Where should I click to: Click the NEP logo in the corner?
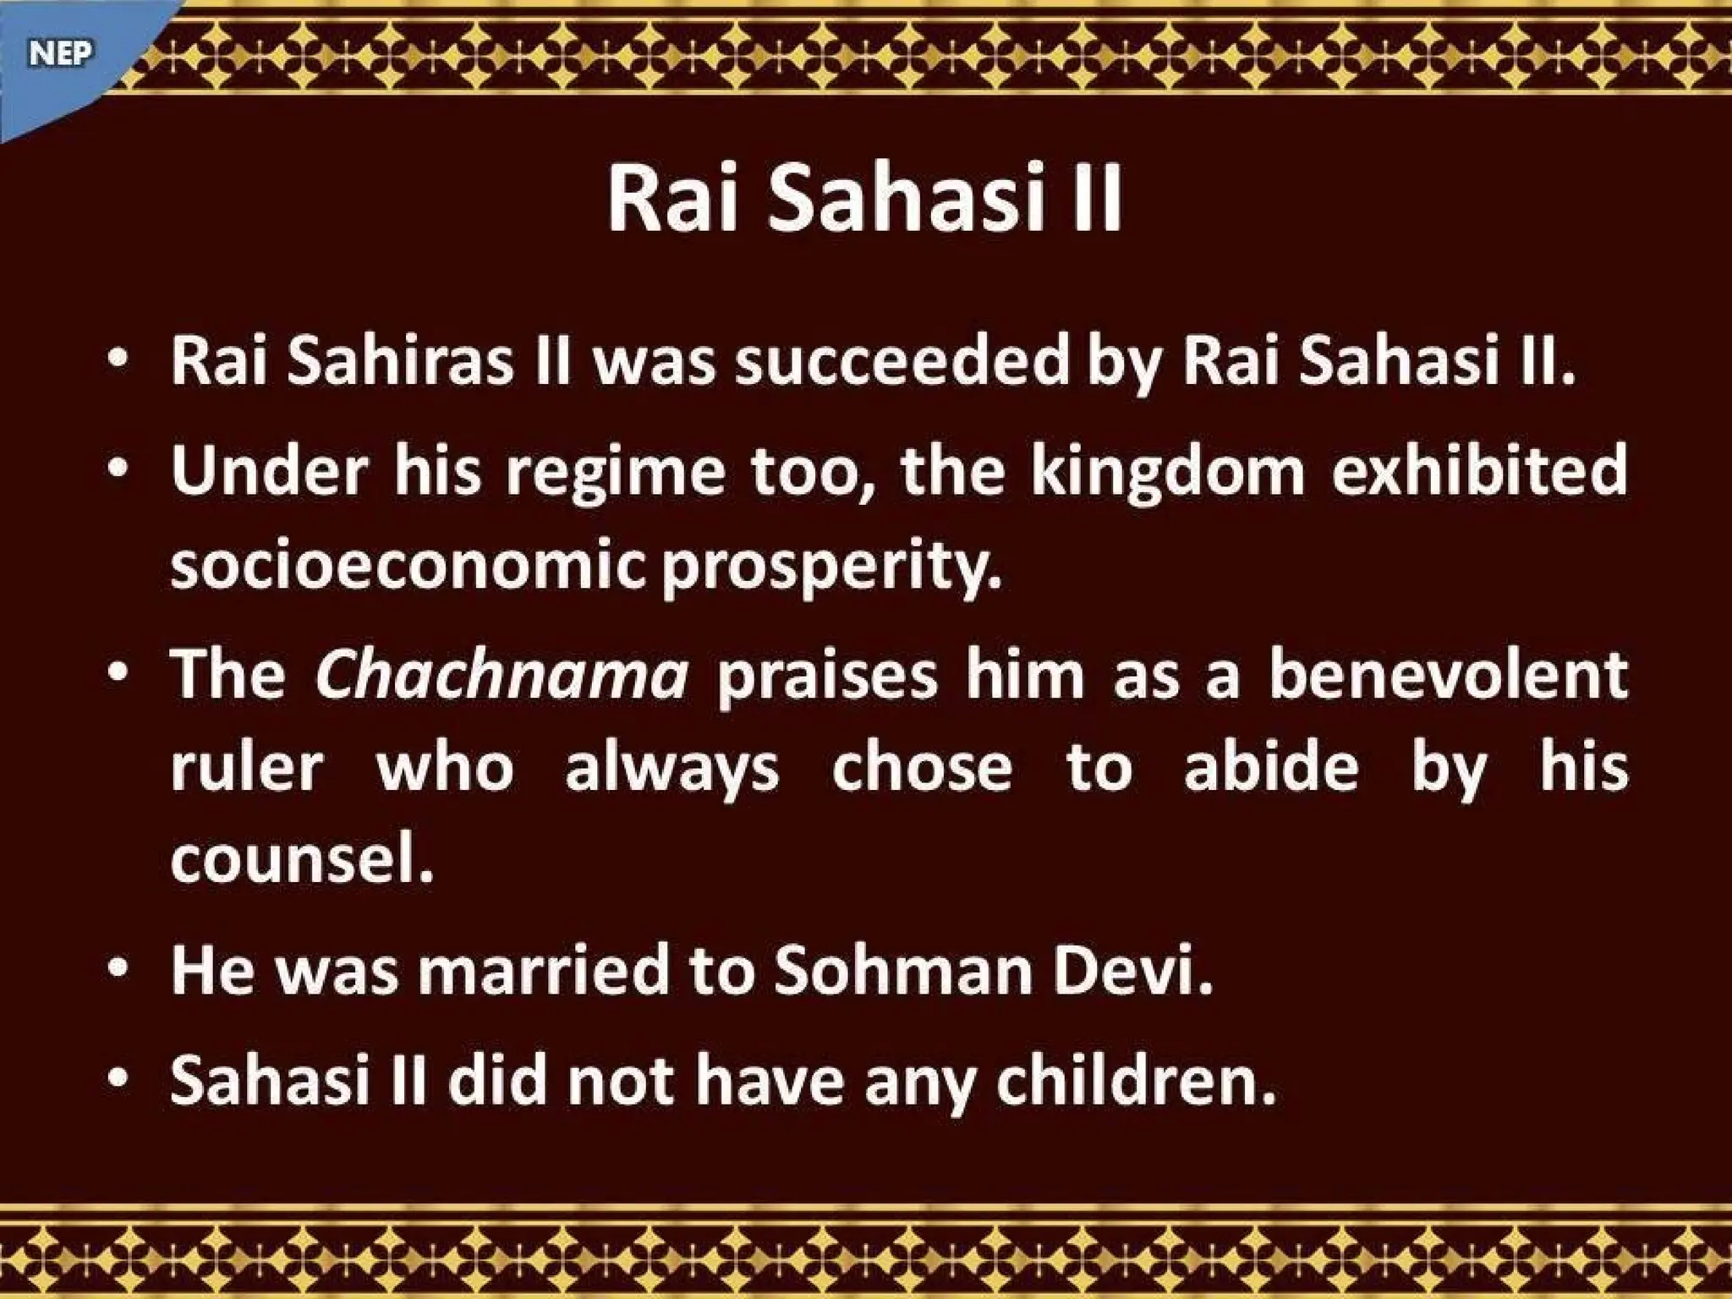coord(59,54)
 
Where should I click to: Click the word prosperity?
coord(831,567)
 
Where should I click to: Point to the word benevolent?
coord(1448,674)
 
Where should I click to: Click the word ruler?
coord(247,768)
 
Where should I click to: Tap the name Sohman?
coord(903,971)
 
